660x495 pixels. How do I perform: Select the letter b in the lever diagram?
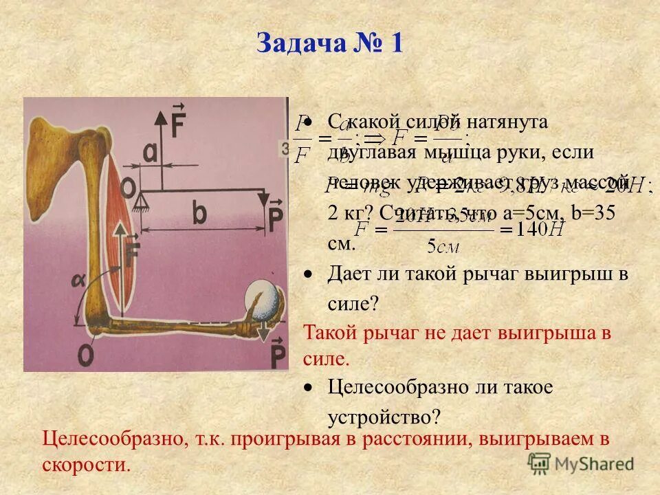[x=200, y=214]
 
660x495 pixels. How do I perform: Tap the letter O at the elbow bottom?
[x=86, y=355]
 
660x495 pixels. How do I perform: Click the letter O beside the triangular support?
[x=127, y=186]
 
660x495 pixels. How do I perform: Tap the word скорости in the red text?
[x=87, y=464]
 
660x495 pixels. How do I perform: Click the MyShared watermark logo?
[x=582, y=463]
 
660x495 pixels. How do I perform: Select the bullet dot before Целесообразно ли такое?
[x=310, y=388]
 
